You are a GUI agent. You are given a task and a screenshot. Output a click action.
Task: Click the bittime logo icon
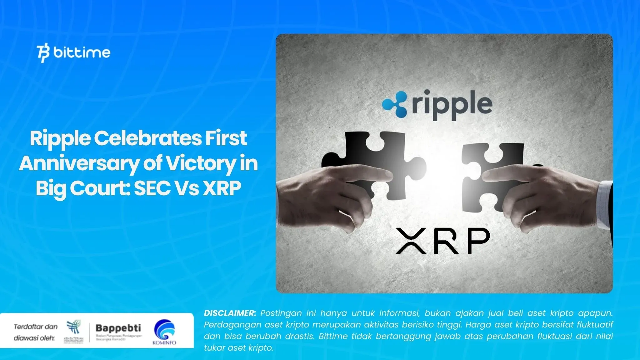coord(43,53)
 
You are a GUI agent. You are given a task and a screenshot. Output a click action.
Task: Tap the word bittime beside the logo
coord(82,52)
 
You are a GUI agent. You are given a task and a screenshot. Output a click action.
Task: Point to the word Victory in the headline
coord(200,163)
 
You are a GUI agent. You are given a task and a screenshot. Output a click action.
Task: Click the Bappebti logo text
coord(118,328)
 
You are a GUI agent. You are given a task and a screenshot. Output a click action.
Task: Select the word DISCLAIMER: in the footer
coord(230,313)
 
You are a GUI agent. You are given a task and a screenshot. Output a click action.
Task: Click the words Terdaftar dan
coord(36,327)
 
